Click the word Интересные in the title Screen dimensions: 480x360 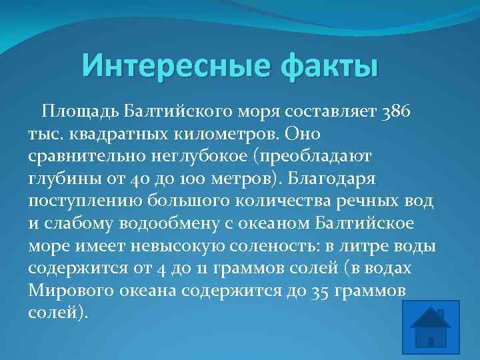click(176, 65)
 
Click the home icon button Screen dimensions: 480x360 click(431, 327)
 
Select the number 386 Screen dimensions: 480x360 click(395, 111)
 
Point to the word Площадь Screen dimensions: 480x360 click(80, 111)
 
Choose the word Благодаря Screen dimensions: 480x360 click(331, 179)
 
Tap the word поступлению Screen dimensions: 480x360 click(85, 201)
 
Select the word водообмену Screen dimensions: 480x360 click(169, 223)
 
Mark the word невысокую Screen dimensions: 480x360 click(178, 247)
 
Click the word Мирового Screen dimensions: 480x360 click(71, 291)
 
